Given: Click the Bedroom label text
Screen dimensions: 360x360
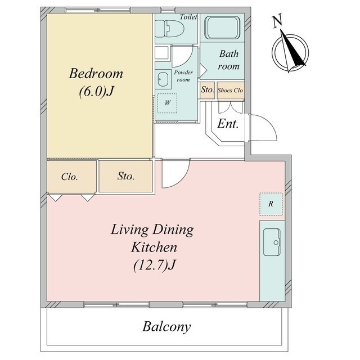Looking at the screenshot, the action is pyautogui.click(x=96, y=74).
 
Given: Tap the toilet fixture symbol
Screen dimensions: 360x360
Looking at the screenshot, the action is pyautogui.click(x=169, y=29).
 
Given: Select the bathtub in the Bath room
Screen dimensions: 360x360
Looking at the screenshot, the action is pyautogui.click(x=222, y=28).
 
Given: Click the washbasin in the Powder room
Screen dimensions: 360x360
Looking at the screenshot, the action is pyautogui.click(x=163, y=79).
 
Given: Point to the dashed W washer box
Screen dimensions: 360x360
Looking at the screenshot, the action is pyautogui.click(x=168, y=103).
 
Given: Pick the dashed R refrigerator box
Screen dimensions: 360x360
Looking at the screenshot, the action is pyautogui.click(x=271, y=204).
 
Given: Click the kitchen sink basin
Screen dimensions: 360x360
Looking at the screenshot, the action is pyautogui.click(x=272, y=242).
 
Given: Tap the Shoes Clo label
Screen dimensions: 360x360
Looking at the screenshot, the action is pyautogui.click(x=230, y=90).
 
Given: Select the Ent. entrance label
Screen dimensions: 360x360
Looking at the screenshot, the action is pyautogui.click(x=228, y=124).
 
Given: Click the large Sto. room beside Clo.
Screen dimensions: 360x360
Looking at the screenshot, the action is pyautogui.click(x=126, y=176).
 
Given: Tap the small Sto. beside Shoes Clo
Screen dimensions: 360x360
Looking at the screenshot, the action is pyautogui.click(x=208, y=90).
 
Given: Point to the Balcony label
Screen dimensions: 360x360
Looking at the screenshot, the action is pyautogui.click(x=166, y=327).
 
